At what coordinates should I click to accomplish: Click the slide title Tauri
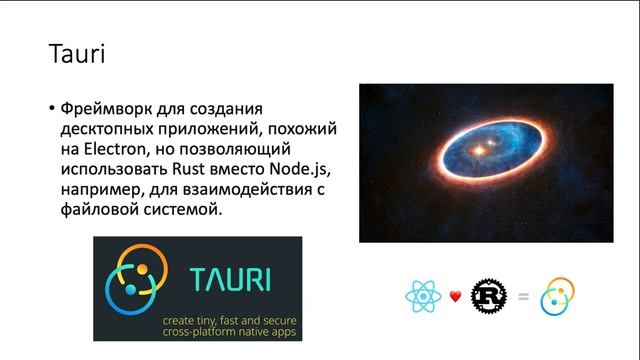coord(77,53)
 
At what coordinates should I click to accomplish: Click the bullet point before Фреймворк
coord(51,108)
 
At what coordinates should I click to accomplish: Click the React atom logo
coord(423,296)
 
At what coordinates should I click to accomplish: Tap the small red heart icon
coord(455,296)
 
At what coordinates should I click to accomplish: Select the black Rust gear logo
coord(490,296)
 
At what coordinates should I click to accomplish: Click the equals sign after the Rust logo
coord(524,296)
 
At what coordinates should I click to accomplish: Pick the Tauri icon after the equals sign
coord(558,296)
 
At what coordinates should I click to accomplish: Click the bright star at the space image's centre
coord(480,152)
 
